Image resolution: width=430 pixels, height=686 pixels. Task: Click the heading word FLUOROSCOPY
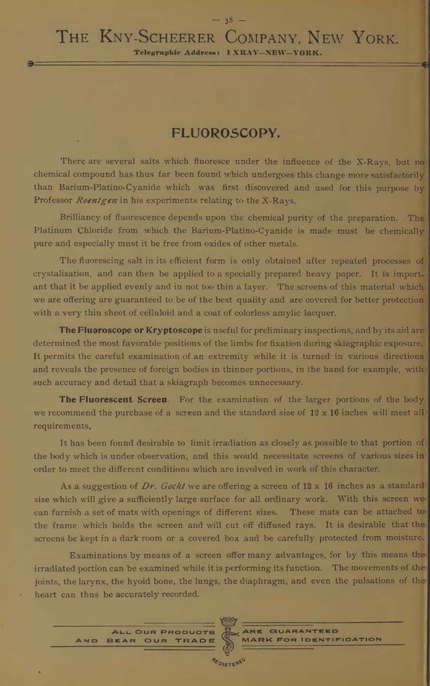(225, 133)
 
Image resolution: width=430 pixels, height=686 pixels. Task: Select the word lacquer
(319, 313)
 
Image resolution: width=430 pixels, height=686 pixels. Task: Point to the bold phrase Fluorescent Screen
(115, 399)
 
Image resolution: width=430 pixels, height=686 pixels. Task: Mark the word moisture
(402, 537)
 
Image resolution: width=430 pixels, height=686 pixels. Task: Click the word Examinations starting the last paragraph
(102, 555)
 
